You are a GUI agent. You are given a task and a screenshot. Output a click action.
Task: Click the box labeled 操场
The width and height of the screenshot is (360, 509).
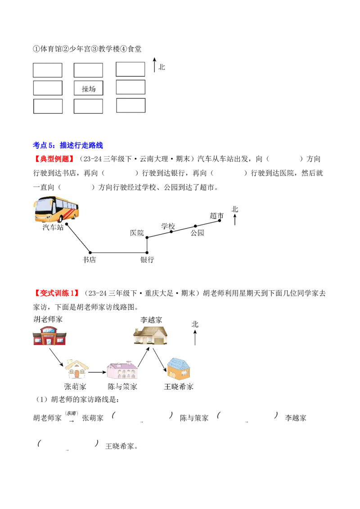(88, 88)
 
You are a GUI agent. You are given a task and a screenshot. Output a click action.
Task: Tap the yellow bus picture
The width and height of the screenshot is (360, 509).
(56, 210)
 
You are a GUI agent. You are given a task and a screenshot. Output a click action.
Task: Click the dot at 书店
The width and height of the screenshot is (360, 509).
(90, 253)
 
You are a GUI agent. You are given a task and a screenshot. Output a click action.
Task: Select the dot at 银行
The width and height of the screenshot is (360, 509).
(147, 253)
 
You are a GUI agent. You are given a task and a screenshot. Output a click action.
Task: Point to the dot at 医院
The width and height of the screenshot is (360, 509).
(147, 237)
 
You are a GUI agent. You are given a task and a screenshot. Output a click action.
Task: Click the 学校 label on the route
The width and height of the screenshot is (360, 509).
(168, 226)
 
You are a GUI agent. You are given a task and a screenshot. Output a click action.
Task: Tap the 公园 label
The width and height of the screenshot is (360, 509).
(197, 233)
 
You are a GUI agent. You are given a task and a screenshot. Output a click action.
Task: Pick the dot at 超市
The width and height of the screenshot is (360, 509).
(220, 220)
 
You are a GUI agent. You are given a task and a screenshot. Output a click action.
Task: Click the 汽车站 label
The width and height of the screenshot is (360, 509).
(53, 227)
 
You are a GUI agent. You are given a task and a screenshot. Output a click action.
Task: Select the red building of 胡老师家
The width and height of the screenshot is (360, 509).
(49, 336)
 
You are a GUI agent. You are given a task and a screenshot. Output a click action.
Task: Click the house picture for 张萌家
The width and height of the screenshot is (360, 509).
(76, 369)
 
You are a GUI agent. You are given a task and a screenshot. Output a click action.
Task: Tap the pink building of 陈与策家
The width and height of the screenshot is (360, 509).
(122, 370)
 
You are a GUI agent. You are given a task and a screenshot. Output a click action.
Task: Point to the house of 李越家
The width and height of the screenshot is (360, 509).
(150, 335)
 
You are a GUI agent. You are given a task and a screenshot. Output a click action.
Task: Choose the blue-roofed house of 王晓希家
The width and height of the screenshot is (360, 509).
(178, 369)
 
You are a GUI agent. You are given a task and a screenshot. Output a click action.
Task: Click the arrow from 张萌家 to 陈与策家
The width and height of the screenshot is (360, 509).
(98, 372)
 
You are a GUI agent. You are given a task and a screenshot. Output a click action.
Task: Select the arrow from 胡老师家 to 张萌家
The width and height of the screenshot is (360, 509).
(56, 358)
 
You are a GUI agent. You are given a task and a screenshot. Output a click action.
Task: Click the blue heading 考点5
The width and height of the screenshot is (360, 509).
(68, 145)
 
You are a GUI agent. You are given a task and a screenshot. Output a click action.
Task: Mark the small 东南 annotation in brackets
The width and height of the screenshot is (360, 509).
(72, 413)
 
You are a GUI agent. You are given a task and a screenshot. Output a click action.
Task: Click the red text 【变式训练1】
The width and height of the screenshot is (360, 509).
(57, 293)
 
